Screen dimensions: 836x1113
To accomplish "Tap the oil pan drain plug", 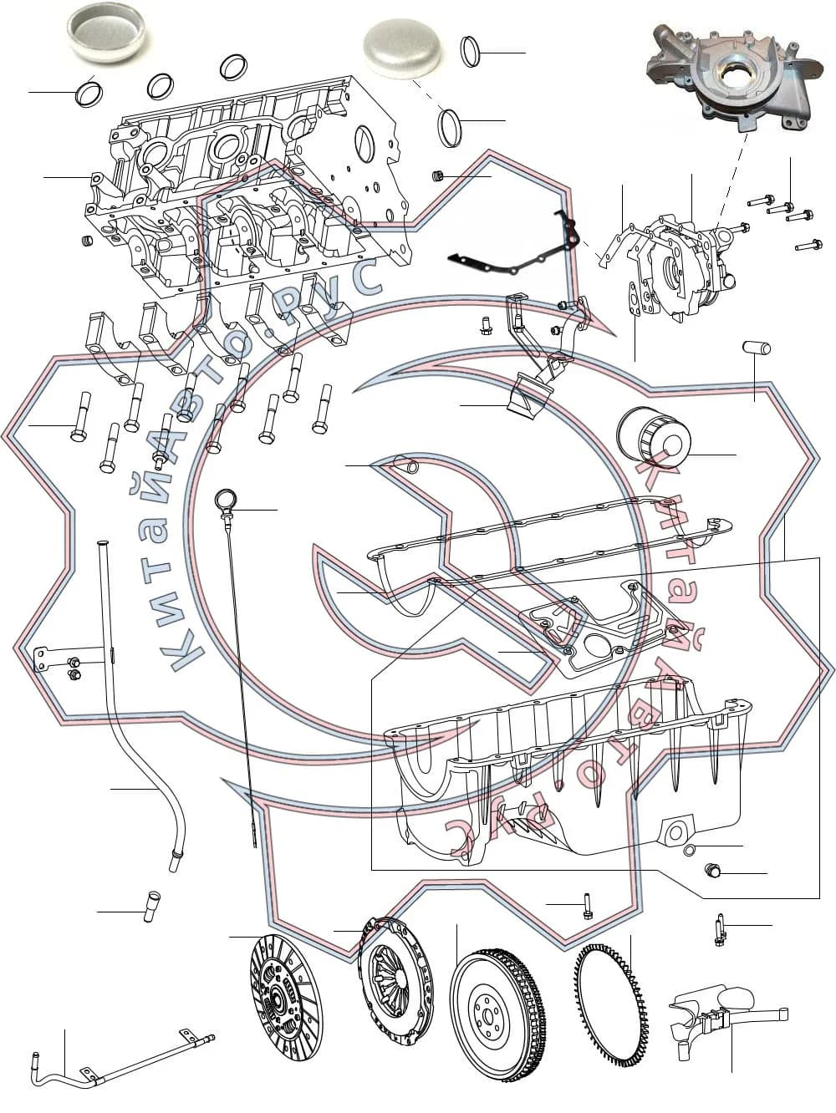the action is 713,871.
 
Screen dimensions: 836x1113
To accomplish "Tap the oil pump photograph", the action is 734,76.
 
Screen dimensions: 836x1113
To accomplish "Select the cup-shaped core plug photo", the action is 106,34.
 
